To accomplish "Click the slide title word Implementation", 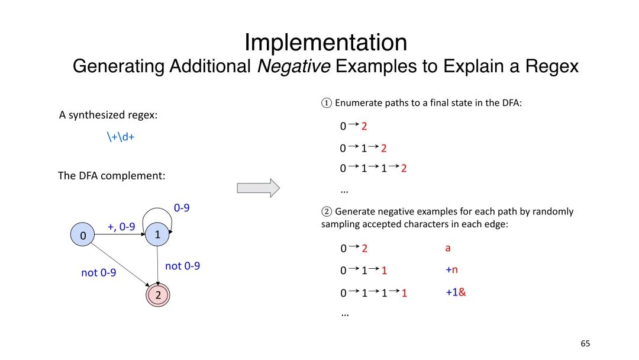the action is coord(325,43).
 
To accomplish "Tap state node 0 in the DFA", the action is coord(83,236).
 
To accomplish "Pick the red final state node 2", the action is coord(158,294).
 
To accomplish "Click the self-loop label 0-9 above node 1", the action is coord(182,208).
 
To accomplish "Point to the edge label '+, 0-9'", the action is coord(121,227).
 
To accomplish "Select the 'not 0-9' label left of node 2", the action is coord(98,273).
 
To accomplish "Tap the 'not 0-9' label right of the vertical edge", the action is coord(182,266).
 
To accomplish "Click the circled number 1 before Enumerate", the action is coord(326,103).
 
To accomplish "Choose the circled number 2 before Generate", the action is coord(326,211).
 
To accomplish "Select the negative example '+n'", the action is coord(452,270).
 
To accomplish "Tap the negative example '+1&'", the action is coord(456,292).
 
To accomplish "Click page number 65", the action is coord(585,343).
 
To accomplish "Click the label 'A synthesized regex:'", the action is coord(108,115).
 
